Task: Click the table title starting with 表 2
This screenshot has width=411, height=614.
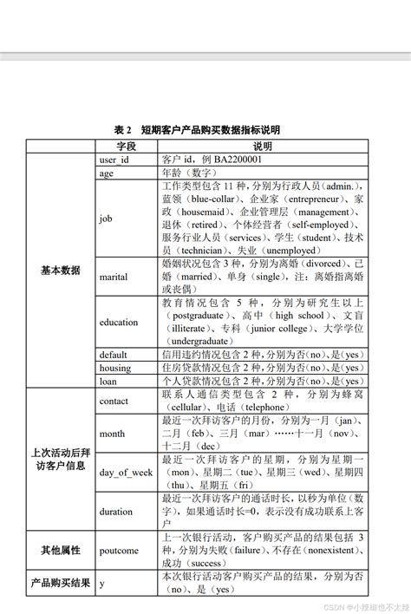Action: pyautogui.click(x=205, y=129)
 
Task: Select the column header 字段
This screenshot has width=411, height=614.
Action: pyautogui.click(x=127, y=146)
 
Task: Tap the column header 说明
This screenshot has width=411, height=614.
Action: pyautogui.click(x=263, y=146)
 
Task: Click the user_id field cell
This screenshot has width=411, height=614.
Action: pyautogui.click(x=114, y=160)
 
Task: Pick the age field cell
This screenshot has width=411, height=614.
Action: pyautogui.click(x=107, y=173)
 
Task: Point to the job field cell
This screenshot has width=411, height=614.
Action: pyautogui.click(x=106, y=219)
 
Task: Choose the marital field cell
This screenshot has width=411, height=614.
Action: pyautogui.click(x=114, y=277)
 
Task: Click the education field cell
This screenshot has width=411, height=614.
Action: pyautogui.click(x=119, y=323)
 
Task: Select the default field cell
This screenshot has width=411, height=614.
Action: pyautogui.click(x=114, y=355)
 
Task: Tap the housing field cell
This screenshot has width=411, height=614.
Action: pyautogui.click(x=115, y=368)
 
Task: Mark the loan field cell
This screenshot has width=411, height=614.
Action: pyautogui.click(x=108, y=381)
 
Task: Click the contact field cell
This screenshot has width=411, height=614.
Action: pyautogui.click(x=114, y=401)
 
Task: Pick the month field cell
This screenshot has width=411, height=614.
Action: pyautogui.click(x=113, y=434)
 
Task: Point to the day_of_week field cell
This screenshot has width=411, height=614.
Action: pyautogui.click(x=127, y=473)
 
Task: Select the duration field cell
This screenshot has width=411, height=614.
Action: pyautogui.click(x=116, y=512)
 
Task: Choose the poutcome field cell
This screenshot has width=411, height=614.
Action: pyautogui.click(x=120, y=550)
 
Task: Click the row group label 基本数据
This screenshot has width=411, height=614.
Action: pyautogui.click(x=61, y=271)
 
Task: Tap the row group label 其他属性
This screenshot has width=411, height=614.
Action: pyautogui.click(x=61, y=550)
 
